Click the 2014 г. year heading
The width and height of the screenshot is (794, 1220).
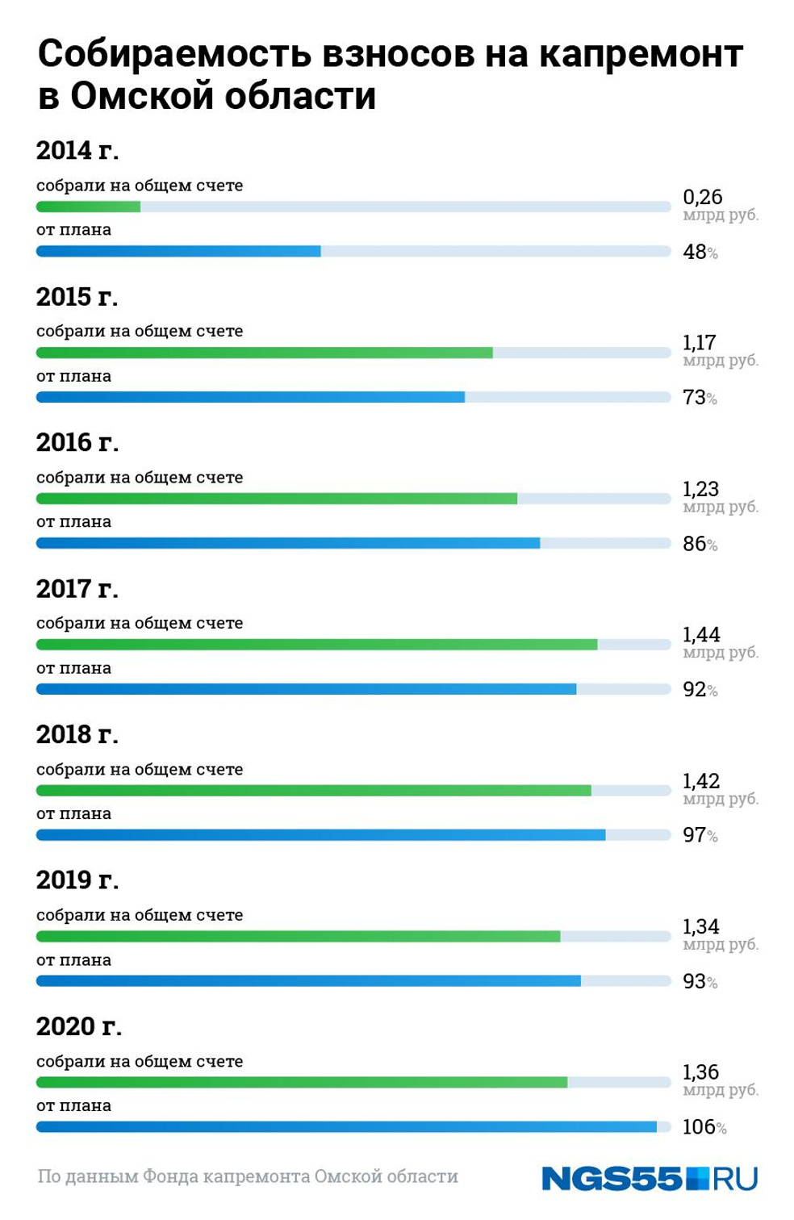77,151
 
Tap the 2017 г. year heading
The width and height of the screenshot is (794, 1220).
77,589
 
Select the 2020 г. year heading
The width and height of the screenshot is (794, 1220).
79,1026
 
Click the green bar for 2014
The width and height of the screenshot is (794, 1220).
89,207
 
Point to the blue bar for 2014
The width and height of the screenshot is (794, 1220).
178,252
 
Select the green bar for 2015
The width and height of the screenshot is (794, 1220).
264,353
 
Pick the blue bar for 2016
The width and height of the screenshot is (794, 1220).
288,544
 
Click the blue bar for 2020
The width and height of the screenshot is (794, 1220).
346,1127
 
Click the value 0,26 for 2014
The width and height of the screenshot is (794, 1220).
702,197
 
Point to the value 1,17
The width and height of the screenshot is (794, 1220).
699,343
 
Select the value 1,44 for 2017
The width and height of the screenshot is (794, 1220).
700,635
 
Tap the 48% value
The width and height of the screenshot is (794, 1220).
700,253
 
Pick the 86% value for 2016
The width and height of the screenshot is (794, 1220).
700,545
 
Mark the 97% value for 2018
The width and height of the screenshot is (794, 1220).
700,836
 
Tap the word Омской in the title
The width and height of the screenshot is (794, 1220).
141,97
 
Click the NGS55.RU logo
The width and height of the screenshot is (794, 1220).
650,1179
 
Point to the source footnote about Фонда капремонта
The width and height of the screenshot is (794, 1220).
248,1177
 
